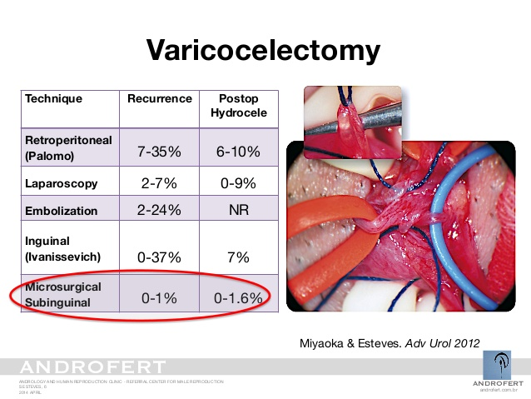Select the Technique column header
[x=53, y=98]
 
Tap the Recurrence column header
[x=159, y=98]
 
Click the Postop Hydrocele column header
[x=238, y=105]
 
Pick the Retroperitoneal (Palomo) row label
[x=68, y=147]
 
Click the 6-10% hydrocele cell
[x=238, y=152]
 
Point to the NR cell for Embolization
[x=238, y=211]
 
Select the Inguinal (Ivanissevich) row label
[x=63, y=248]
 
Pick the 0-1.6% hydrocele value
[x=238, y=297]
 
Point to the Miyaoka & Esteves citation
[x=388, y=343]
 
